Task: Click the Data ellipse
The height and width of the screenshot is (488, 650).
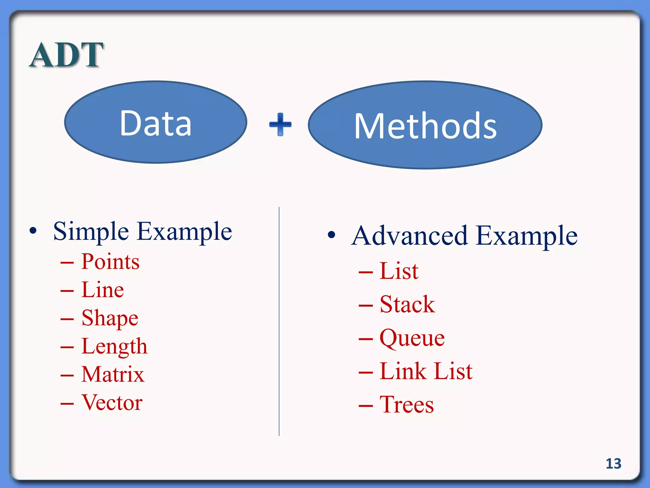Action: (x=156, y=122)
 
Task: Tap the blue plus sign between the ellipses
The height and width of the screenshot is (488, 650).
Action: (x=280, y=124)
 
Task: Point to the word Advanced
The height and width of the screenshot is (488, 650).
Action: (x=409, y=236)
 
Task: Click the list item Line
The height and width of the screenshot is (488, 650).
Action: (x=103, y=290)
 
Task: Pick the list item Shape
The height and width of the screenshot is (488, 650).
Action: (x=110, y=318)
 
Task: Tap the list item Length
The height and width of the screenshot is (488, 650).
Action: (x=114, y=346)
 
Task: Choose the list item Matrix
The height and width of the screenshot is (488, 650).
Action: (x=113, y=374)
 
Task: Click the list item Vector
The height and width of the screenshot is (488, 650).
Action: (x=112, y=402)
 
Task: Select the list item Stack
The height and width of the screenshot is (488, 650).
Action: (x=407, y=304)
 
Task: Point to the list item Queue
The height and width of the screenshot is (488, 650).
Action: (x=412, y=338)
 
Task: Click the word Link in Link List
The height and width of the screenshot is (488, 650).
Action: (x=402, y=371)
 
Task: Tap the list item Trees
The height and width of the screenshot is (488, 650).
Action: (x=407, y=404)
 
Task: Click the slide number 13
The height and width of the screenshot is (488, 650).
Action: (x=613, y=464)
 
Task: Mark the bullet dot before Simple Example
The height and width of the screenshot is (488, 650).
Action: (x=33, y=231)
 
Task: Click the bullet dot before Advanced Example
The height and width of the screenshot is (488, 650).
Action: (x=331, y=235)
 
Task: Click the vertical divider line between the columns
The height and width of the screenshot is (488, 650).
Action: (x=279, y=321)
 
